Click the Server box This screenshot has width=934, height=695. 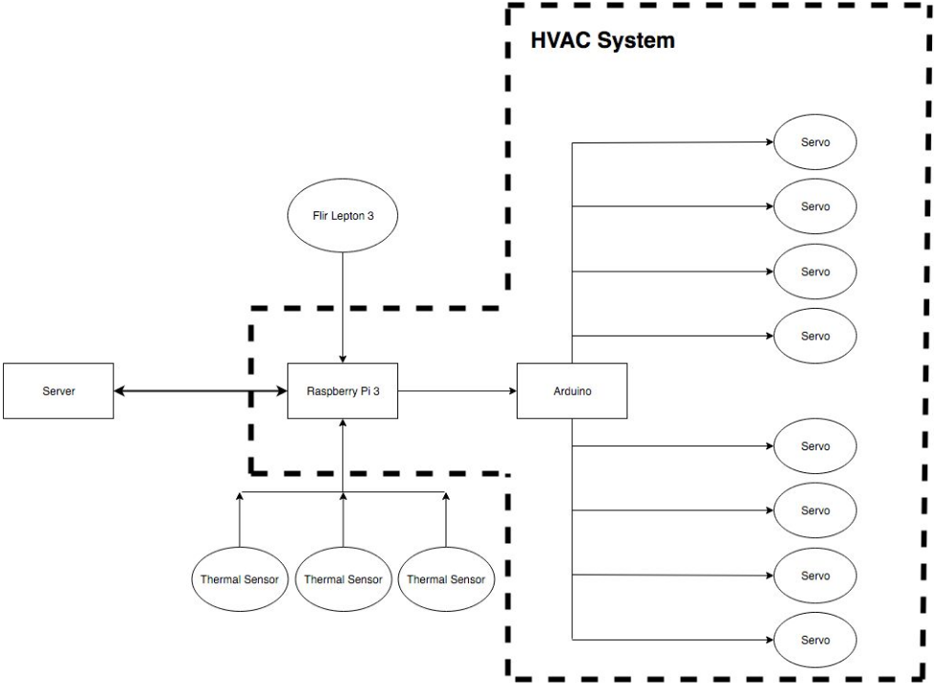click(x=58, y=391)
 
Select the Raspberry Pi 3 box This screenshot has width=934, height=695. click(x=342, y=391)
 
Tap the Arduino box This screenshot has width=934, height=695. click(x=572, y=391)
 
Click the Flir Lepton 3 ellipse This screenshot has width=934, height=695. click(x=342, y=217)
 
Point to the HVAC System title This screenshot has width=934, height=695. click(x=602, y=41)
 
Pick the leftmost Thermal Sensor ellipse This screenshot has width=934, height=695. click(x=239, y=579)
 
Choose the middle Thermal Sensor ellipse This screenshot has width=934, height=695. click(x=342, y=579)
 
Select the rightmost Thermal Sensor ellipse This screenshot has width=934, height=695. click(x=445, y=579)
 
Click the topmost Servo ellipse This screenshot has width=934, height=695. click(x=815, y=142)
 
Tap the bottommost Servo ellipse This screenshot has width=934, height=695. click(x=815, y=641)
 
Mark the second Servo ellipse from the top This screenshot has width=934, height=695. click(x=815, y=206)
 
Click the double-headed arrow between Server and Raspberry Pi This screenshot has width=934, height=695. click(x=201, y=391)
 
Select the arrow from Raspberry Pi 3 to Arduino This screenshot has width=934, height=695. click(x=456, y=391)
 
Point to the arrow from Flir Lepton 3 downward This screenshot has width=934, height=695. click(x=342, y=306)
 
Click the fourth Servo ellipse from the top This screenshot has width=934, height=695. click(x=815, y=336)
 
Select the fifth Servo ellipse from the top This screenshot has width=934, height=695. click(x=815, y=446)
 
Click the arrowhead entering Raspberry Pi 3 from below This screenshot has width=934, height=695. click(x=342, y=424)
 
